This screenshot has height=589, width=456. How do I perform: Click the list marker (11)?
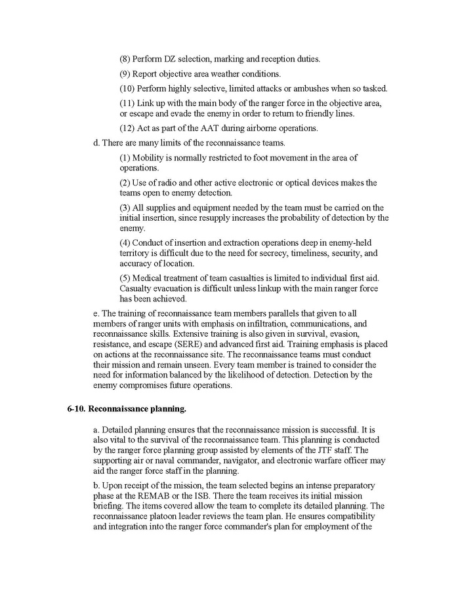(127, 104)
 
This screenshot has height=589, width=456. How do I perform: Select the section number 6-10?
(76, 409)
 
